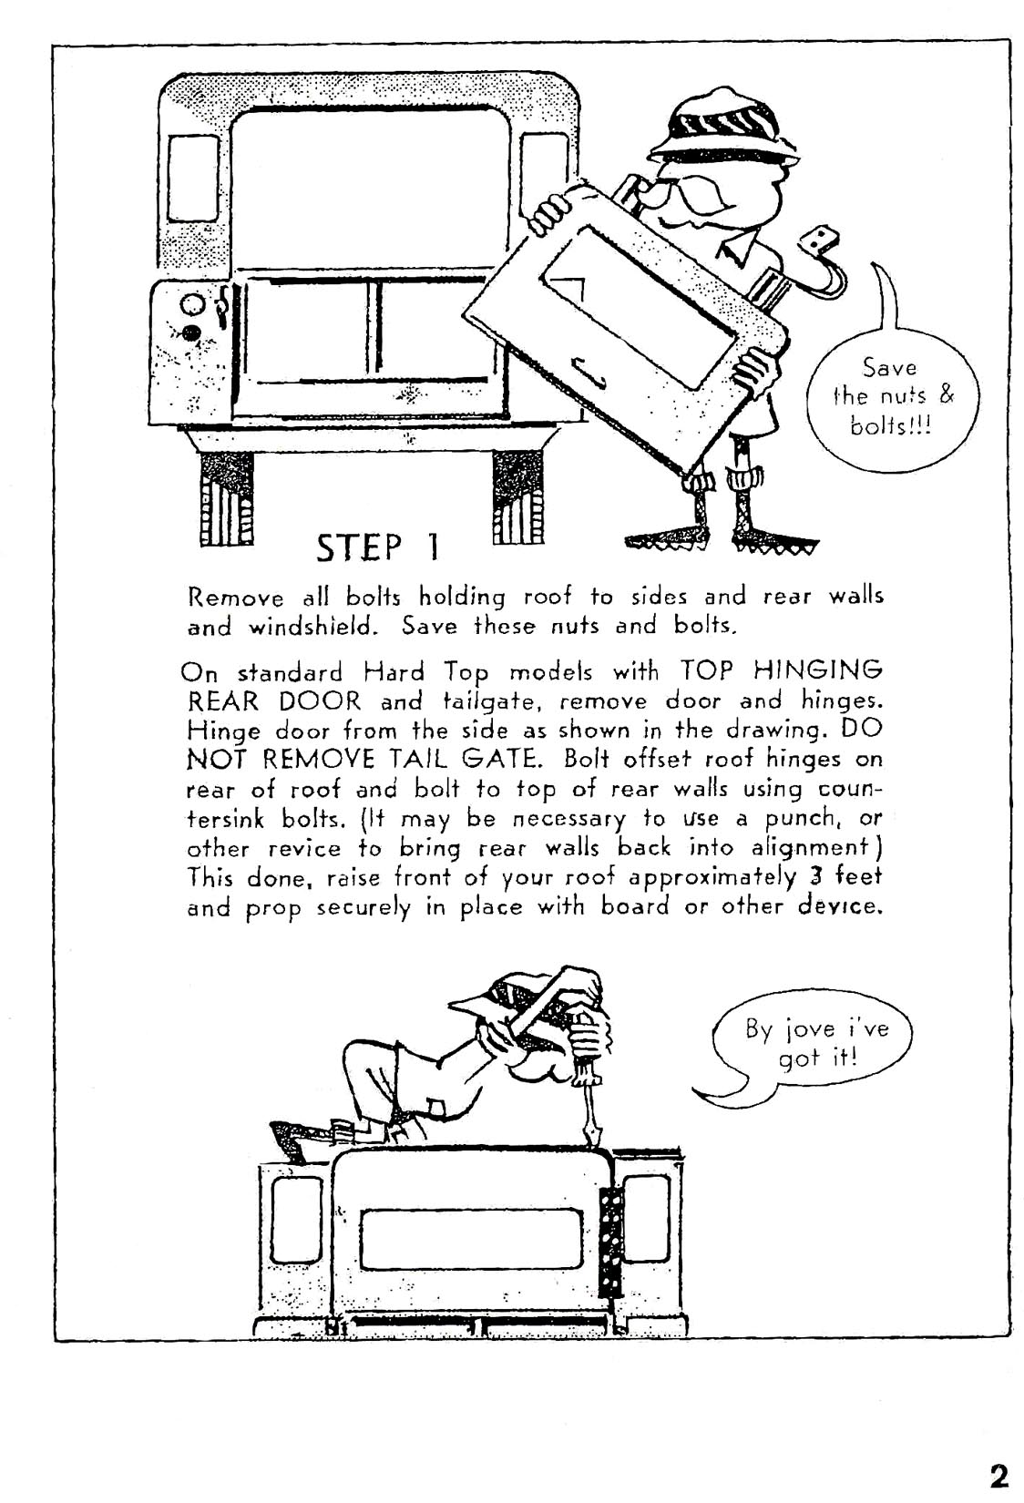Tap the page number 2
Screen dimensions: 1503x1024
coord(998,1475)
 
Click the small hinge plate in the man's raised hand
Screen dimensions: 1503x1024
coord(817,241)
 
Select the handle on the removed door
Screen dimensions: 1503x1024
coord(588,371)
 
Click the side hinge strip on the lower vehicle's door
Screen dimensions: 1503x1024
coord(610,1240)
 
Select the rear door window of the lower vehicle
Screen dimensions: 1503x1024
coord(471,1239)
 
